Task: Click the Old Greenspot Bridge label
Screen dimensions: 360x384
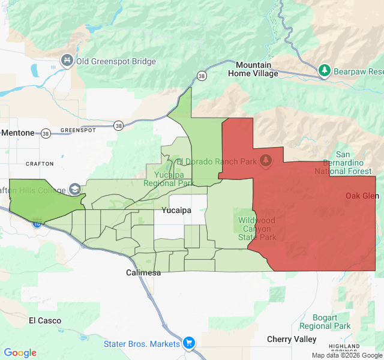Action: pos(116,61)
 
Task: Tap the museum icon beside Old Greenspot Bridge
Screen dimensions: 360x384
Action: pos(67,61)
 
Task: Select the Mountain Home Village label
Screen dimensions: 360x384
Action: pos(253,69)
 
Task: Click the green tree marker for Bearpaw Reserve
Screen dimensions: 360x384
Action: pos(325,71)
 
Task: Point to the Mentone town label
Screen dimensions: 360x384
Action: pos(18,133)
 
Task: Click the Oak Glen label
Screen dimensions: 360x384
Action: pos(362,196)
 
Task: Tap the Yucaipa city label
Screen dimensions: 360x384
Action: pos(176,211)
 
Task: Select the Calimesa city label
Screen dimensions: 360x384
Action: pos(143,273)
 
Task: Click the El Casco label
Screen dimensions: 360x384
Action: pos(45,320)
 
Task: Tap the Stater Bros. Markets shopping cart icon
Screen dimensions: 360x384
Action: pos(189,343)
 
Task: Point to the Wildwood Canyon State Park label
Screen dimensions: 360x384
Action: pos(257,229)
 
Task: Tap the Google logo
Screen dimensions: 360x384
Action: pos(20,353)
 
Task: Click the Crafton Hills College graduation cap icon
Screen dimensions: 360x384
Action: pos(75,189)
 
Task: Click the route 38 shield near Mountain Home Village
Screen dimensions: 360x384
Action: pos(202,76)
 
